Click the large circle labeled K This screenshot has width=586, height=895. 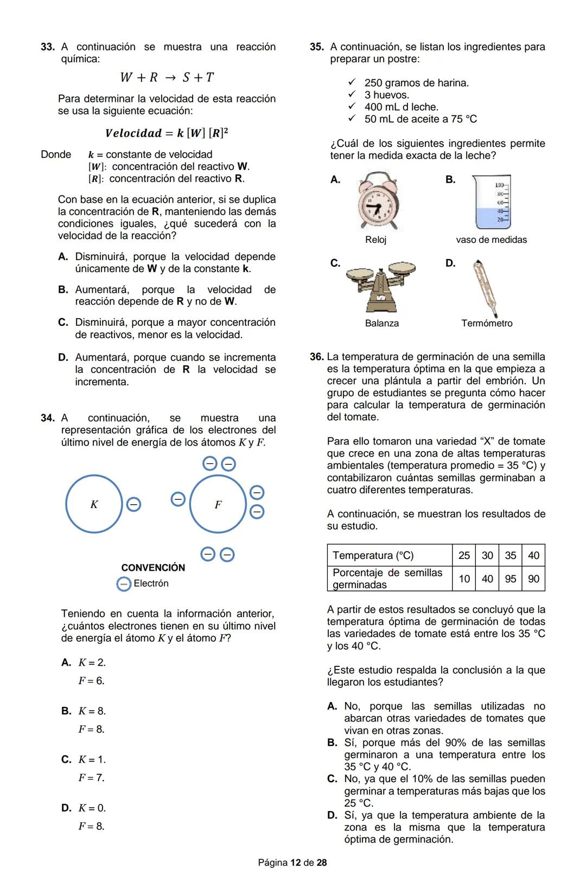coord(94,504)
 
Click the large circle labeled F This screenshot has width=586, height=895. coord(218,504)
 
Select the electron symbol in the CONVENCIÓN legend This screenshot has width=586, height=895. coord(124,584)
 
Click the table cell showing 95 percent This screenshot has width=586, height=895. coord(510,579)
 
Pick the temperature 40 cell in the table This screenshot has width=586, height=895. coord(533,556)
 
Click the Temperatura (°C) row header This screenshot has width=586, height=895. coord(373,556)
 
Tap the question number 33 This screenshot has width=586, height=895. coord(48,47)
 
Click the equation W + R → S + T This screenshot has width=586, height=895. coord(167,78)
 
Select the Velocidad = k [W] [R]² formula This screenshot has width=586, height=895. coord(167,133)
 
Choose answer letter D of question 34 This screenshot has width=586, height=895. coord(66,808)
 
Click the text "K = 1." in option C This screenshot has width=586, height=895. coord(92,759)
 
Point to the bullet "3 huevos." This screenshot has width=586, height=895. coord(386,95)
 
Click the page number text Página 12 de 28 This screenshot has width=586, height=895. coord(292,862)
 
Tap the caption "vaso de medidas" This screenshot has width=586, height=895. coord(491,240)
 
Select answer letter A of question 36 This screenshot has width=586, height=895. coord(333,706)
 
